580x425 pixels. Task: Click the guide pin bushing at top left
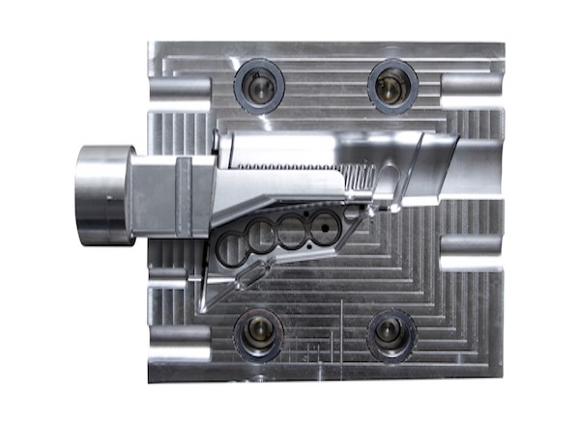click(259, 86)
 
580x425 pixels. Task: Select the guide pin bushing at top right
click(391, 86)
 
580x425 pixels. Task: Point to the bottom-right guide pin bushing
click(392, 334)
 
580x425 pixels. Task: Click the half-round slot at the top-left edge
click(180, 86)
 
